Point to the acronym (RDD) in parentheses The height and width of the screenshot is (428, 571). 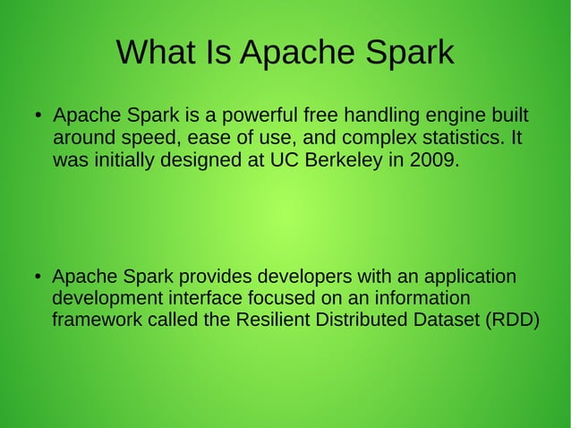pos(511,321)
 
